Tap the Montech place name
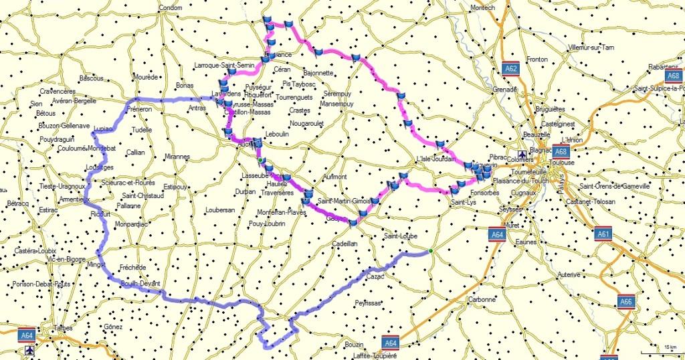tap(482, 7)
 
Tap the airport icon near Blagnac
tap(522, 153)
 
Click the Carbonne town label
tap(482, 300)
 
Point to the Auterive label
tap(569, 274)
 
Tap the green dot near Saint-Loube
tap(431, 252)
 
